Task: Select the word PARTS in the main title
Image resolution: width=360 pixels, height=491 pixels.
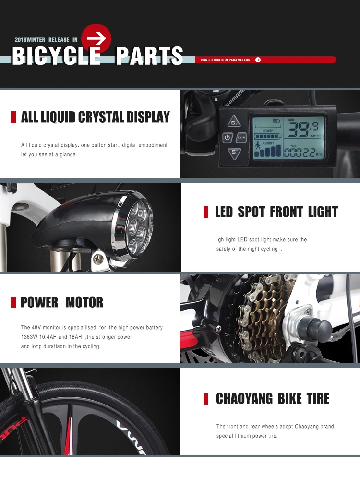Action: [149, 56]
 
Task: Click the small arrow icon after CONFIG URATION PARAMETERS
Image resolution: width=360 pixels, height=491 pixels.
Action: [258, 60]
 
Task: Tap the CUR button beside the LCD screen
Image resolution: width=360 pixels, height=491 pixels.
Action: [241, 138]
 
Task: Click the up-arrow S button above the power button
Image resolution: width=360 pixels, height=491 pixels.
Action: [234, 122]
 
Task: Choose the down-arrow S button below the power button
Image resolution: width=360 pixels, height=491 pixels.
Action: [234, 154]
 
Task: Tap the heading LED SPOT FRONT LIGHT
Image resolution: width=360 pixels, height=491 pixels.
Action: [276, 212]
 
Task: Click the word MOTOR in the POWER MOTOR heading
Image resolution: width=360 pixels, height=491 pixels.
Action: [84, 303]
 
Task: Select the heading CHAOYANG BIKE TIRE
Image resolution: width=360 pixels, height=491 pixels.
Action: [273, 398]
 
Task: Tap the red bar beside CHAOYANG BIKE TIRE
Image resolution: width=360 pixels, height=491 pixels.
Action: [206, 398]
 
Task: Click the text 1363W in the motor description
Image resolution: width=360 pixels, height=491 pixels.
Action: [29, 337]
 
